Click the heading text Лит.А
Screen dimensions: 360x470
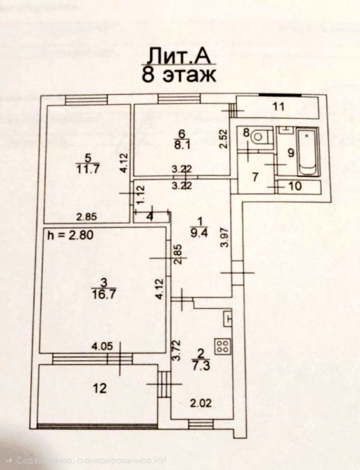tap(180, 55)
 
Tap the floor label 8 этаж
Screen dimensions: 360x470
tap(179, 75)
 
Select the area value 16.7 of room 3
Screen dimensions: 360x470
tap(103, 293)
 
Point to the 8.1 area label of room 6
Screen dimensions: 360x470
tap(181, 144)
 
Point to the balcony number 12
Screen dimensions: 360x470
tap(100, 388)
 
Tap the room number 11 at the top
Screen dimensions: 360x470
tap(278, 106)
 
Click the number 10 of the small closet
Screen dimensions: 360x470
tap(295, 186)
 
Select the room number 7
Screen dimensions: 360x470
tap(255, 176)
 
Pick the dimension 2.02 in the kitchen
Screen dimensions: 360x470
tap(200, 404)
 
